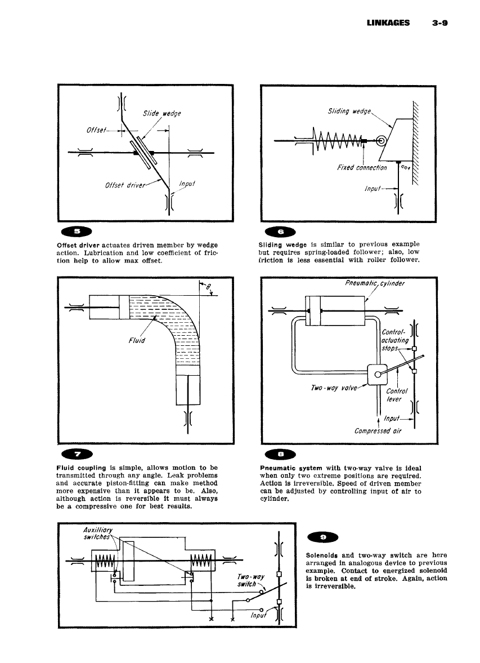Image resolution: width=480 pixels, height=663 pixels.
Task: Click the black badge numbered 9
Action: (322, 537)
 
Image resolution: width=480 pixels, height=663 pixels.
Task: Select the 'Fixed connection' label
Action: (362, 168)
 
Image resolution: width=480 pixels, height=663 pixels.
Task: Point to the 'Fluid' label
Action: (136, 341)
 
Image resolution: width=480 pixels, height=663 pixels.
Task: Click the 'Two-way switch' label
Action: (250, 581)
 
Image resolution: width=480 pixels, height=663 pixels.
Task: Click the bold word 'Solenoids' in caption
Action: (322, 555)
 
